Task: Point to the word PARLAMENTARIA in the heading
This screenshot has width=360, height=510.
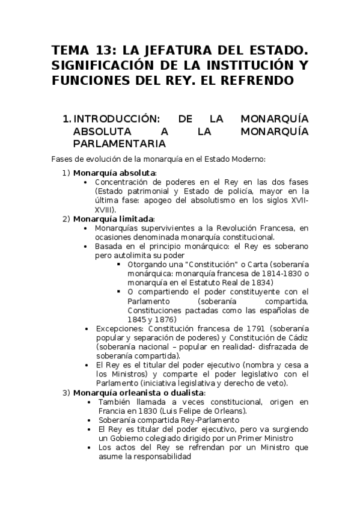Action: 119,144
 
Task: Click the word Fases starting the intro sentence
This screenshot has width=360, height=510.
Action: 63,159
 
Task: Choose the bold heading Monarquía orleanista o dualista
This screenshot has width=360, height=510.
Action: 138,393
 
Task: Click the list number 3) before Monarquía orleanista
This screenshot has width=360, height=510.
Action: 67,393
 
